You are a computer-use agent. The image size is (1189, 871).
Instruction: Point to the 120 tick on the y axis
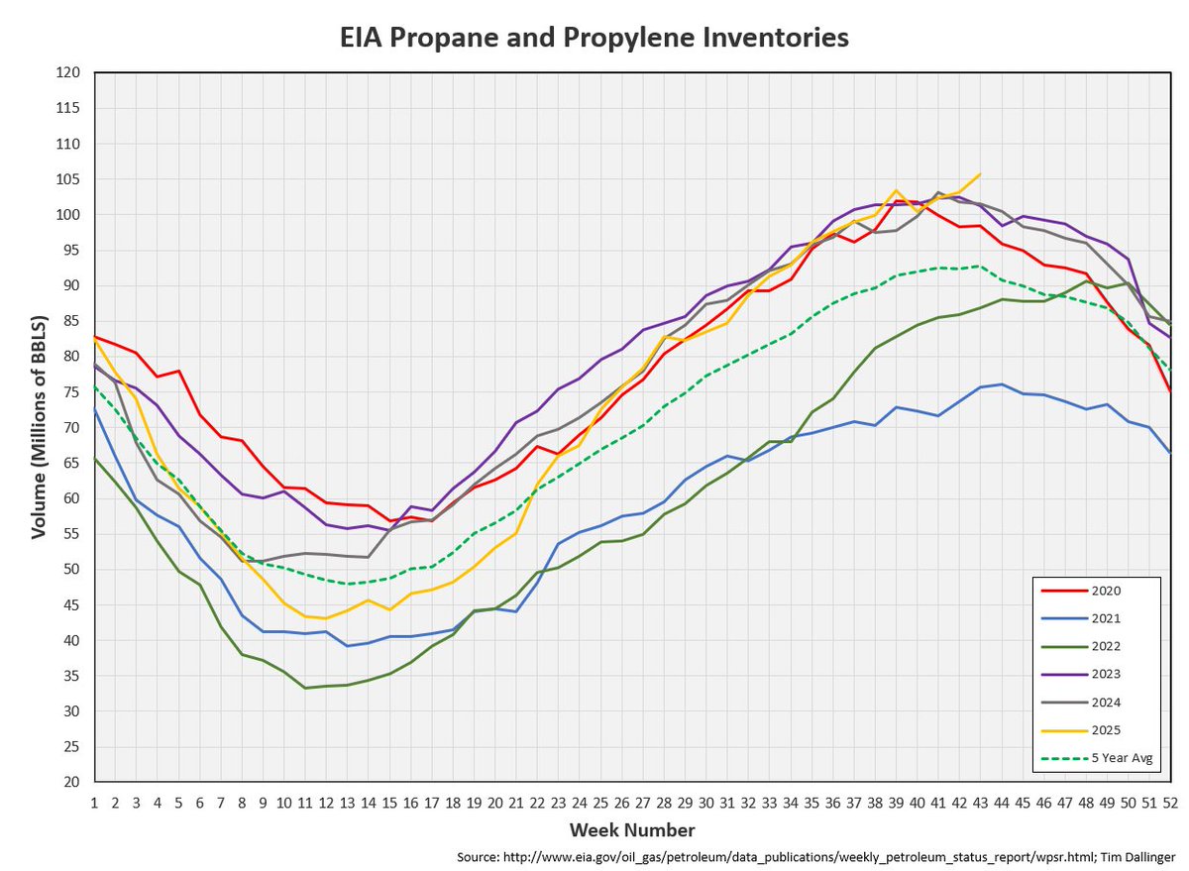point(67,73)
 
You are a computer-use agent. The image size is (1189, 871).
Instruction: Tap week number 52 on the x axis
point(1169,801)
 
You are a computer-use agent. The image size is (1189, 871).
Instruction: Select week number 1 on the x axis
point(95,801)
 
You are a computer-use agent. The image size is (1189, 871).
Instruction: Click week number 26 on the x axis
point(621,801)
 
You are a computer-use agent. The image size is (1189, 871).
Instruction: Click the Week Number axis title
point(631,830)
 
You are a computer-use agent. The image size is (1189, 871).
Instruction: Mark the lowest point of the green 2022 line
point(305,688)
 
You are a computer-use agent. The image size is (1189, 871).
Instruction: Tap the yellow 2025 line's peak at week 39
point(896,190)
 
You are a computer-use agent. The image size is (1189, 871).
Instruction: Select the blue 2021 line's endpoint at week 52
point(1169,452)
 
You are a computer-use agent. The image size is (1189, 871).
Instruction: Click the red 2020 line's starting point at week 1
point(95,336)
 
